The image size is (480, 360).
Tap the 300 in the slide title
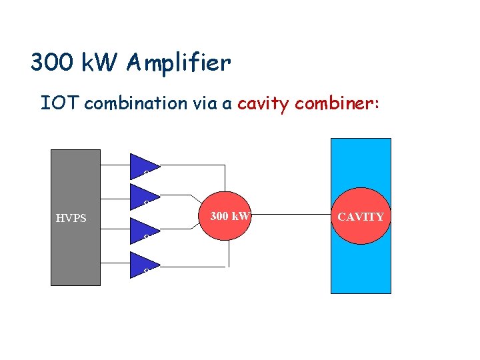52,63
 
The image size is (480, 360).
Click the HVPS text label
71,218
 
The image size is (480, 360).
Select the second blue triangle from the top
141,193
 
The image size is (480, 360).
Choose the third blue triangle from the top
141,228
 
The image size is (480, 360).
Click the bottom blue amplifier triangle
141,263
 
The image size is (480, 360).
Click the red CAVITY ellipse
361,217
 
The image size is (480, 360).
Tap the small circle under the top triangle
146,175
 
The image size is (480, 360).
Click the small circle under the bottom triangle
146,271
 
